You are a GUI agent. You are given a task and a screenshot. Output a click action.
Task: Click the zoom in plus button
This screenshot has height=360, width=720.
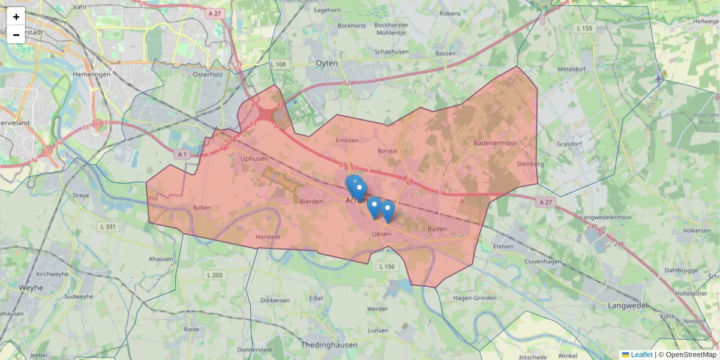pos(16,17)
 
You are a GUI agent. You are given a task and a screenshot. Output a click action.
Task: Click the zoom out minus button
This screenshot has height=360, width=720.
pos(16,35)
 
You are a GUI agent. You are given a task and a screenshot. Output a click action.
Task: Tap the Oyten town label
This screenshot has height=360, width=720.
pos(327,63)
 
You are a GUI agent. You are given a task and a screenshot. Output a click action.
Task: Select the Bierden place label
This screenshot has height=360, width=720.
pos(311,202)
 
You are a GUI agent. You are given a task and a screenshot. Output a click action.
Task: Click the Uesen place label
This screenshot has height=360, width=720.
pos(382,234)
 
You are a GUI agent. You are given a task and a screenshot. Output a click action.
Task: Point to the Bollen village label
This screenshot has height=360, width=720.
pos(202,208)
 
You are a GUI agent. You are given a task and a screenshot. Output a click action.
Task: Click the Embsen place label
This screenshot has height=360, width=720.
pos(348,140)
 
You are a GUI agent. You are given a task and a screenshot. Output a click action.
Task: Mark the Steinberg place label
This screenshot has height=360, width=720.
pos(530,164)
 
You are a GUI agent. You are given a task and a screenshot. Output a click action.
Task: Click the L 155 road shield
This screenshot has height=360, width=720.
pos(584,28)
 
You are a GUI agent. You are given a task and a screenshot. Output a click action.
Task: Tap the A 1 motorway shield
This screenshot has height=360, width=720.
pos(183,154)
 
